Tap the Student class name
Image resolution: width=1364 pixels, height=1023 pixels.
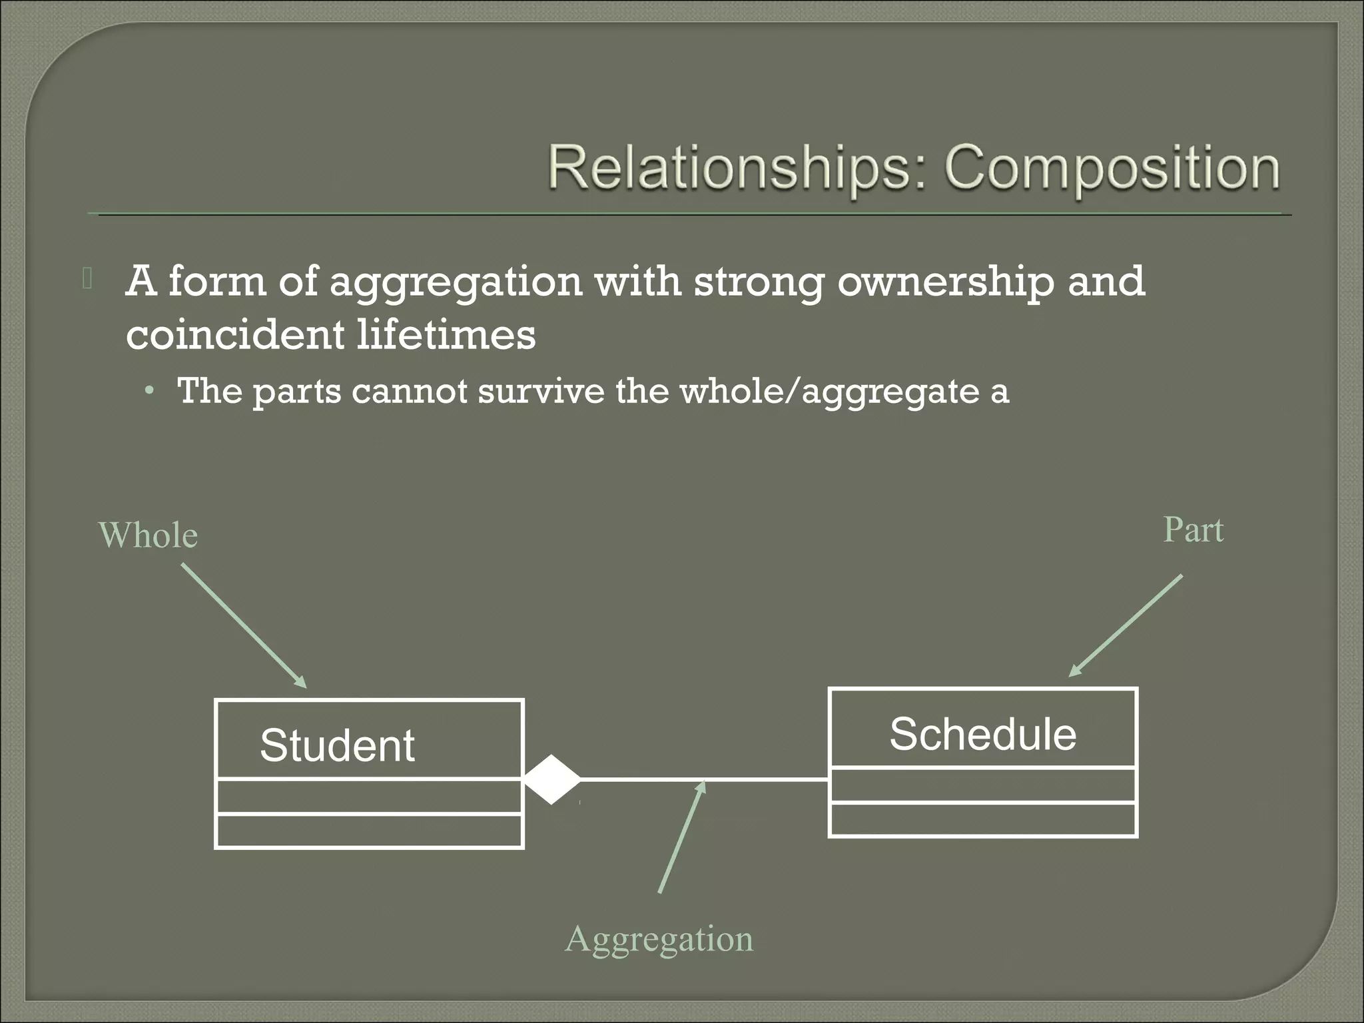pos(337,745)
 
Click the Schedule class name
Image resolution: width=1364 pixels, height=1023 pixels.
pos(982,734)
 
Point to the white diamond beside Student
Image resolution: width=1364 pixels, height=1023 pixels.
pos(551,779)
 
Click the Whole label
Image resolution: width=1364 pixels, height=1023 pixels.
pos(148,535)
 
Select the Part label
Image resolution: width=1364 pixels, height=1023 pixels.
pos(1193,530)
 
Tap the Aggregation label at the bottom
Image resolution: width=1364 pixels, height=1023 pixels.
pos(659,939)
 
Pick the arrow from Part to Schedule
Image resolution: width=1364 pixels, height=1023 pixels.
pos(1126,626)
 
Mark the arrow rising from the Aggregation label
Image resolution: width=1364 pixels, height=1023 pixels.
pos(681,837)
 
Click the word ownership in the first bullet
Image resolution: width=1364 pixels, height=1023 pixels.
pos(946,282)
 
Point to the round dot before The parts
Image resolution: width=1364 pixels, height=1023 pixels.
pos(149,391)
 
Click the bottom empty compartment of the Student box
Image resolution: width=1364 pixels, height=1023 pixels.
pos(369,831)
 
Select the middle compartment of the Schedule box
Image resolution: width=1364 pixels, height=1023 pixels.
pos(982,785)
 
